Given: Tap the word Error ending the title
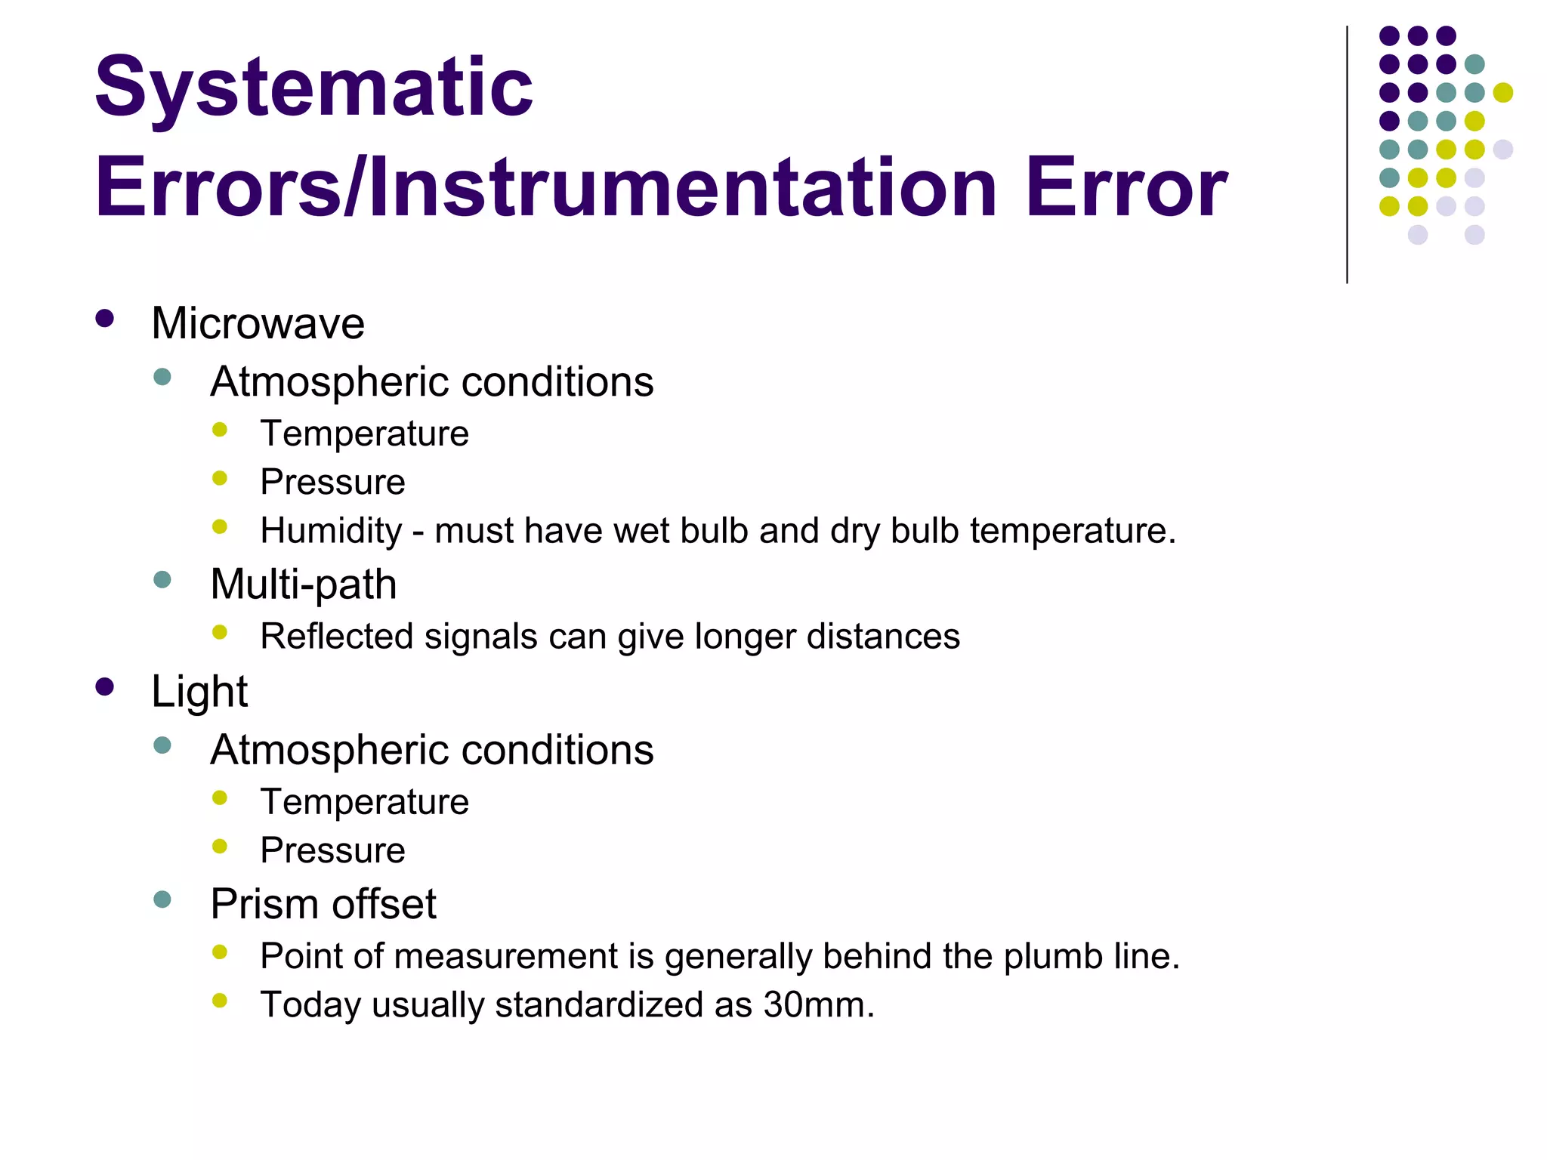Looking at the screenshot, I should click(1126, 187).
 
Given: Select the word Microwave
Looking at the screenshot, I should click(258, 323).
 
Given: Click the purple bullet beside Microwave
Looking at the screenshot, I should click(105, 318).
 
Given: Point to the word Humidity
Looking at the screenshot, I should click(331, 531).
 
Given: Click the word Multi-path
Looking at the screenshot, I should click(303, 585).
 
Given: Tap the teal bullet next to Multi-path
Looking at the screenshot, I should click(162, 580).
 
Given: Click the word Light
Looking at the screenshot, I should click(199, 691).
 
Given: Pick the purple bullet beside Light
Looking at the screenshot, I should click(105, 686).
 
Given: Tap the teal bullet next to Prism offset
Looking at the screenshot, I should click(162, 899).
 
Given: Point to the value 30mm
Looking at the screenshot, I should click(818, 1005).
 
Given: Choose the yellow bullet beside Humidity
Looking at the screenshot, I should click(220, 527).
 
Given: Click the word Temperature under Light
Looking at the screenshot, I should click(364, 802).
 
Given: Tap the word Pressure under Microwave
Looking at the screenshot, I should click(332, 483).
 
